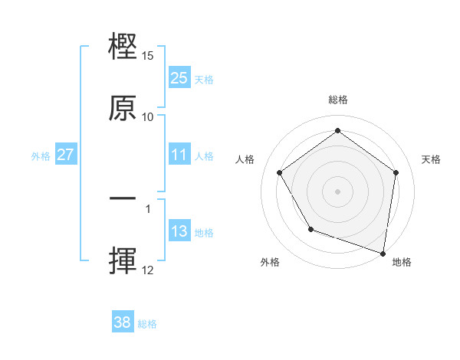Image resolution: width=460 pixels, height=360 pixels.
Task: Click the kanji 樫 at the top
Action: click(x=123, y=47)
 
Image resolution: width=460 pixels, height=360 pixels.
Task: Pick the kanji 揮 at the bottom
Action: click(x=123, y=260)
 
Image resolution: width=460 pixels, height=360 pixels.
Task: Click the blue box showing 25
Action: click(x=179, y=77)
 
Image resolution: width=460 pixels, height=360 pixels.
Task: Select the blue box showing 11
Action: click(x=179, y=155)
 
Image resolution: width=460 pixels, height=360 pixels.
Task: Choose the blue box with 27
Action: click(x=66, y=155)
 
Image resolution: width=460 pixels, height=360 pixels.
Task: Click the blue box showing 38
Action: click(x=123, y=322)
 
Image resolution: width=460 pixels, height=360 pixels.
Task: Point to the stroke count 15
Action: click(x=148, y=56)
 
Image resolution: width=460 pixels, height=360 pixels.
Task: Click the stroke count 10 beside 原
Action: click(x=148, y=116)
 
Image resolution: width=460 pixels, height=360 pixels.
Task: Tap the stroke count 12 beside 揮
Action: click(x=148, y=270)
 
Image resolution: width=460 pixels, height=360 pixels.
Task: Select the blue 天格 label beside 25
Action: click(x=204, y=78)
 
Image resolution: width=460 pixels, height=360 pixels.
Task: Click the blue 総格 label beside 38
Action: click(x=148, y=324)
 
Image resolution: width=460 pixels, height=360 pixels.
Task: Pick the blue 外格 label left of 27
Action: click(x=41, y=155)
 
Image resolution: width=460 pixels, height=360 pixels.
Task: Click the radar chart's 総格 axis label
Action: click(x=338, y=100)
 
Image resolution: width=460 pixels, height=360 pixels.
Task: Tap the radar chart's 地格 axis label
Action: click(x=402, y=262)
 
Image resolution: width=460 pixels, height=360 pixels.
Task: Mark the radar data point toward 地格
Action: click(x=383, y=253)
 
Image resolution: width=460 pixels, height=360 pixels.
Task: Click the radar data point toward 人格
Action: click(x=279, y=172)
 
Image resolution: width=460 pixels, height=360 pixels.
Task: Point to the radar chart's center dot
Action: click(x=338, y=191)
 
